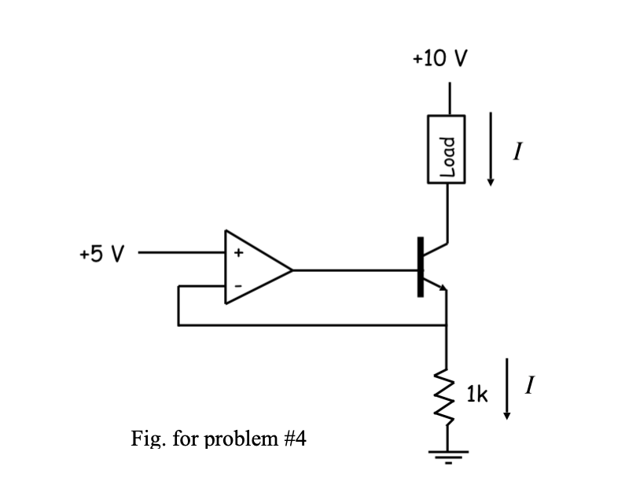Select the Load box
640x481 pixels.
[x=447, y=149]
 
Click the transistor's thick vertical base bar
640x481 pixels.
[x=421, y=267]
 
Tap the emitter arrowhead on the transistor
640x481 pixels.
[x=443, y=289]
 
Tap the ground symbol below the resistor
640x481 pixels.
[x=447, y=454]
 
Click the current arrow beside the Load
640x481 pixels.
[x=491, y=149]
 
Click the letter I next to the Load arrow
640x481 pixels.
[x=517, y=149]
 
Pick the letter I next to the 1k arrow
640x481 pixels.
[x=531, y=386]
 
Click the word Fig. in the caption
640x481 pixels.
[x=149, y=438]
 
